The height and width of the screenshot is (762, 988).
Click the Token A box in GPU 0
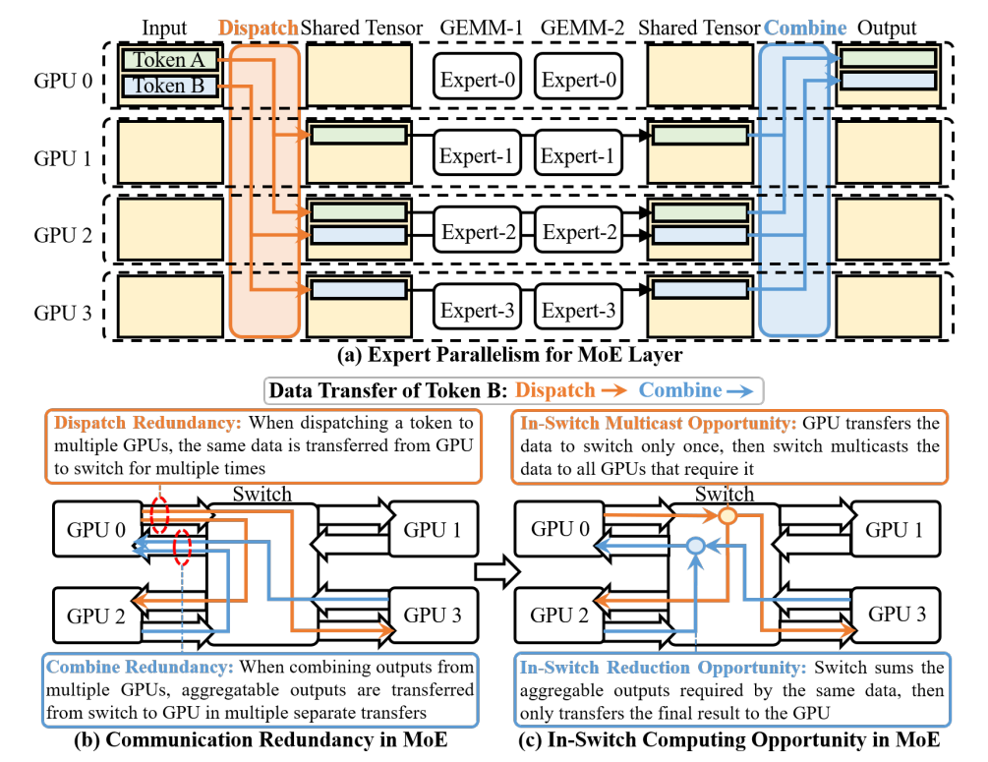(169, 60)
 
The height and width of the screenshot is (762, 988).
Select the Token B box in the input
(169, 86)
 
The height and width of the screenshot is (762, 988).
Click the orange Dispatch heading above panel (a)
(259, 28)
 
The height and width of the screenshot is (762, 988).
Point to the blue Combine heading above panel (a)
(804, 28)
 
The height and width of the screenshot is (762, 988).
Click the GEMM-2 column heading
(582, 28)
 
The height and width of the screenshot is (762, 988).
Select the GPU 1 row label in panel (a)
(63, 157)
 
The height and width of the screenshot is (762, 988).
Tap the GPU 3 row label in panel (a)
(63, 313)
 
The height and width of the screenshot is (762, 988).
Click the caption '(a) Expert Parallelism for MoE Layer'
(509, 355)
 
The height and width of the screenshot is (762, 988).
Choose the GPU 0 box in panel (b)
(97, 529)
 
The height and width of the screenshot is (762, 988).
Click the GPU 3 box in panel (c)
(896, 615)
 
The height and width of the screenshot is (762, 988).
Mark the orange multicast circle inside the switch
(727, 516)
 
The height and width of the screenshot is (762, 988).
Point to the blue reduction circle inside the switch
(696, 545)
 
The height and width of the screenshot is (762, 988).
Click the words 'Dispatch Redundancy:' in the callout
(147, 422)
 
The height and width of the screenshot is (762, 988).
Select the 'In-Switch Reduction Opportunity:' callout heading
(663, 668)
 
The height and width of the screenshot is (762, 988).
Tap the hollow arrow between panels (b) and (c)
(497, 571)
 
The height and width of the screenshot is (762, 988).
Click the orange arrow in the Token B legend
(613, 391)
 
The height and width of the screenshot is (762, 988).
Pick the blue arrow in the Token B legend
(739, 391)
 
